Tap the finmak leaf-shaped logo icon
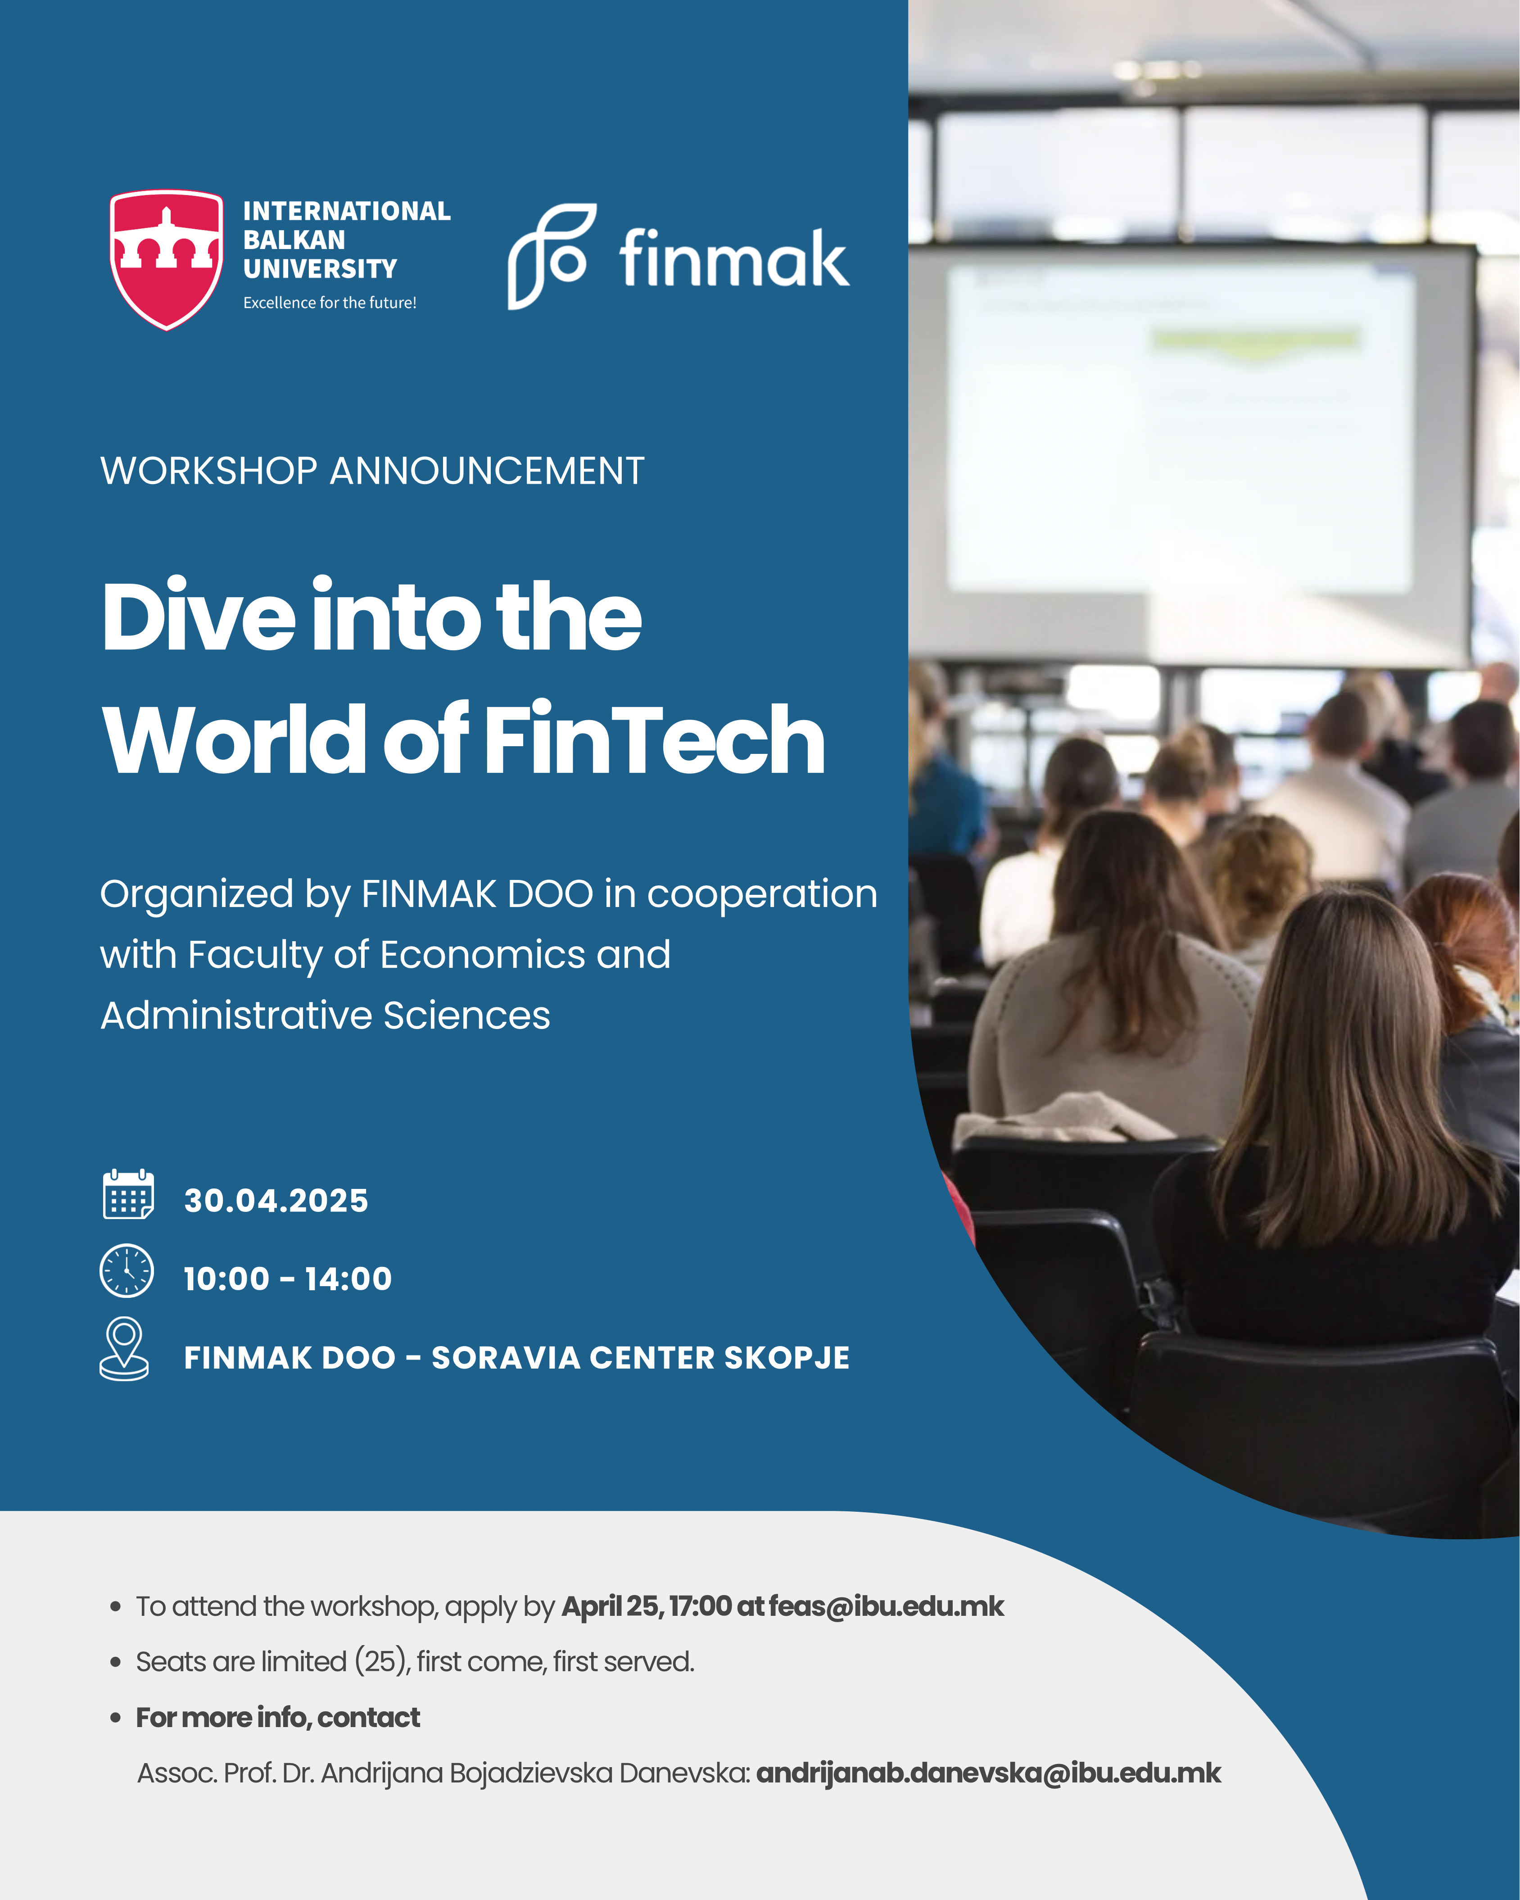click(x=552, y=256)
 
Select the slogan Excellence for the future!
click(x=330, y=302)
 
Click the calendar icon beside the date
click(x=129, y=1194)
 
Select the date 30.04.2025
click(x=276, y=1200)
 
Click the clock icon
click(x=127, y=1271)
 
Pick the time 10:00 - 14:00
click(x=287, y=1279)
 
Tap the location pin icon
click(x=124, y=1348)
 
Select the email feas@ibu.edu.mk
click(x=886, y=1606)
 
